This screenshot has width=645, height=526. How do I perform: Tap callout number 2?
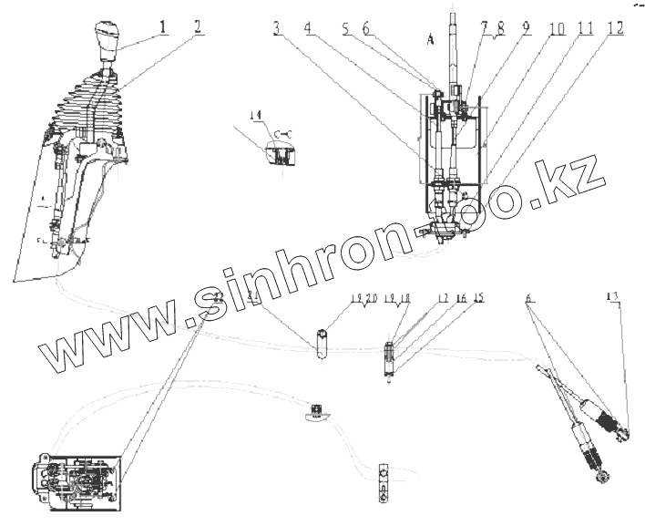198,28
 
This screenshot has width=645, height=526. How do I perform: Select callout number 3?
274,28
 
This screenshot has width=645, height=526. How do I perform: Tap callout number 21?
254,298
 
